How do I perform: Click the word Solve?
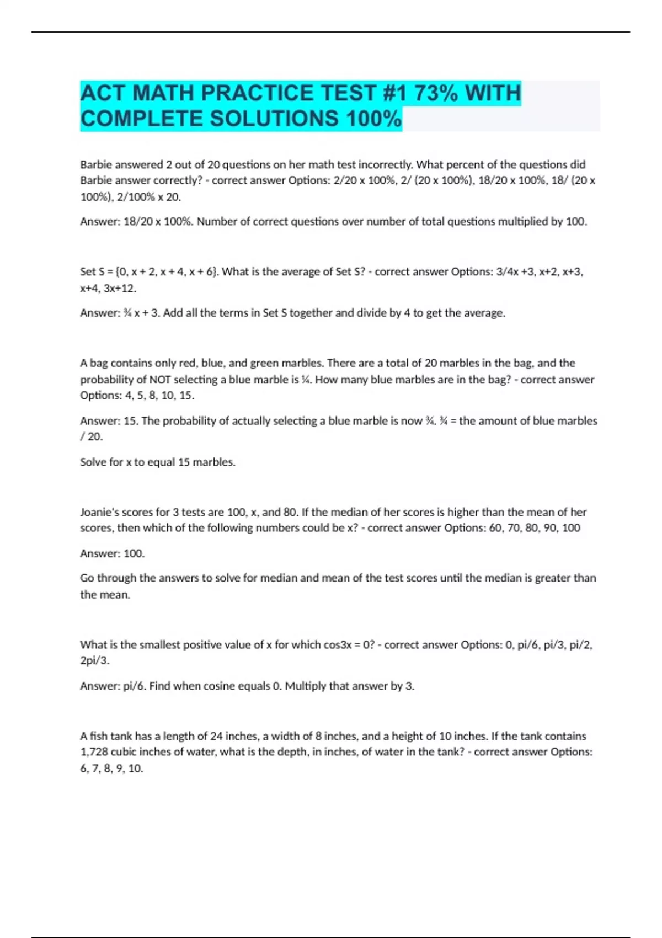point(94,462)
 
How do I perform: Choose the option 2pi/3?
point(94,660)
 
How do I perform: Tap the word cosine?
point(220,686)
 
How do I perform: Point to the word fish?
point(99,736)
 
